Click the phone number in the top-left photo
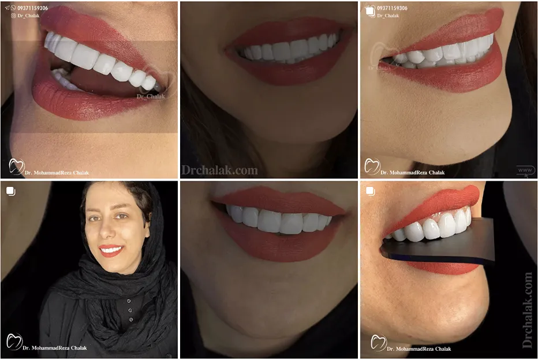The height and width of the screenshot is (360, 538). click(x=32, y=9)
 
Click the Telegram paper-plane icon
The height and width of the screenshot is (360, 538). click(x=6, y=9)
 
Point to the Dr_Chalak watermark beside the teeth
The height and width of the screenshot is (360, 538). click(x=151, y=96)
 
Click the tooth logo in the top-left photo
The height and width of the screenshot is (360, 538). click(x=16, y=167)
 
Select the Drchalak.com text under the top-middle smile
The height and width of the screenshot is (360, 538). click(x=219, y=170)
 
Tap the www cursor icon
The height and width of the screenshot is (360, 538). click(x=525, y=171)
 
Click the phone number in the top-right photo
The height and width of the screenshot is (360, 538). click(x=392, y=9)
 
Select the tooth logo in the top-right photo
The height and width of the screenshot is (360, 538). click(x=372, y=167)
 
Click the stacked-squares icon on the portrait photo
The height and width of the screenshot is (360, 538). click(x=11, y=191)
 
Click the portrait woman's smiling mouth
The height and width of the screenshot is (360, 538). click(x=111, y=250)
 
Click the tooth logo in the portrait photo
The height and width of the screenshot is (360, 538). click(x=14, y=342)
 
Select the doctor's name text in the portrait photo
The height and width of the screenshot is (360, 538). click(x=55, y=348)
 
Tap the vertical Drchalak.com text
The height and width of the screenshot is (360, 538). click(x=527, y=310)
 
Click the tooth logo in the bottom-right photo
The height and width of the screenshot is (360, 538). click(x=378, y=342)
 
